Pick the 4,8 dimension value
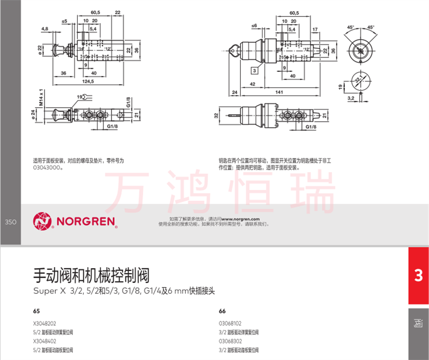(x=45, y=28)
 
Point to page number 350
(x=11, y=221)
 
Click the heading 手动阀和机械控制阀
(x=91, y=276)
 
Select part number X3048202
(x=45, y=324)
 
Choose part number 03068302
(x=231, y=341)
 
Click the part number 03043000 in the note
(x=47, y=167)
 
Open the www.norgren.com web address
(x=240, y=219)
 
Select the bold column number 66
(x=223, y=311)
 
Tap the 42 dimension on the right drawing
(x=252, y=84)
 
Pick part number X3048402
(x=45, y=341)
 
